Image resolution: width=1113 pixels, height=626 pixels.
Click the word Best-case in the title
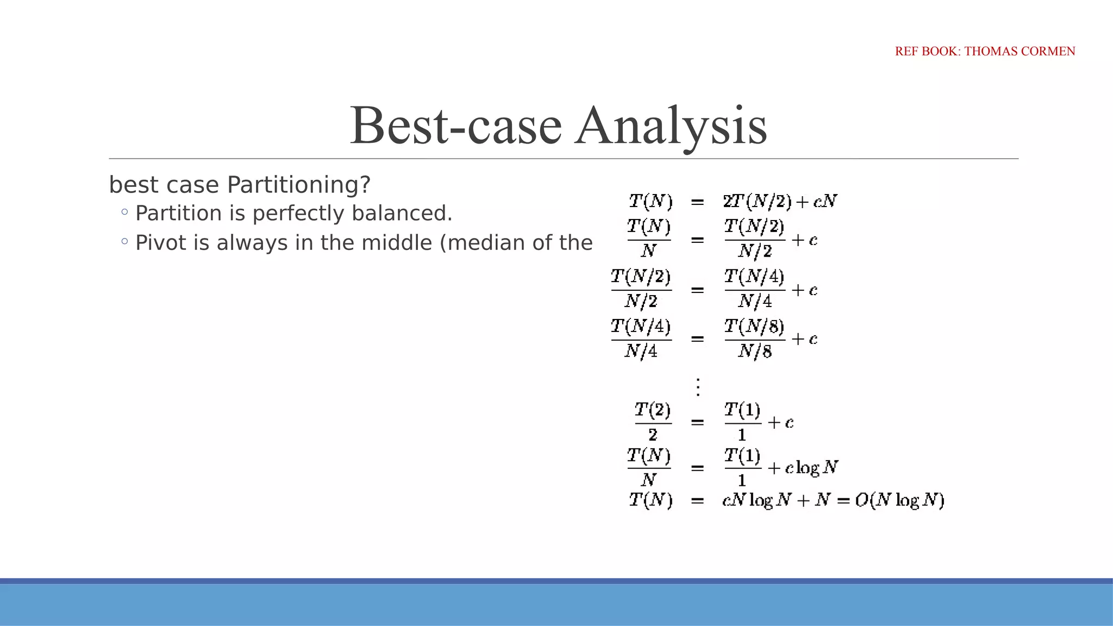[455, 126]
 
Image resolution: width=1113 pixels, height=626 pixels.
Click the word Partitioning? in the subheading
[298, 185]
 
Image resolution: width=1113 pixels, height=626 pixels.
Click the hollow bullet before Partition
[125, 212]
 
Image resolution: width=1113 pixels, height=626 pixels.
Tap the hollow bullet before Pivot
[125, 241]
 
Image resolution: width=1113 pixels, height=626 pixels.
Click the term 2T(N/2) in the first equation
[757, 202]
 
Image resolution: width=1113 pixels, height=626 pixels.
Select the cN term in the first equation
[825, 202]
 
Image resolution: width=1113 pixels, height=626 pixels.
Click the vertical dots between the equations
[698, 387]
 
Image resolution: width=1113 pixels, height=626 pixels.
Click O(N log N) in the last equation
[899, 500]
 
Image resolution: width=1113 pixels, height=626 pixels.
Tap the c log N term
[811, 468]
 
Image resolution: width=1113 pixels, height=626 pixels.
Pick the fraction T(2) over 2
[653, 422]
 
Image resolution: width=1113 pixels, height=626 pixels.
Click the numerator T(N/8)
[754, 327]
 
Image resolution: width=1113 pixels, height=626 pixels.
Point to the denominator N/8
[754, 352]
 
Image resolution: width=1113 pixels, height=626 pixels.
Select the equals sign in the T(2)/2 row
[698, 422]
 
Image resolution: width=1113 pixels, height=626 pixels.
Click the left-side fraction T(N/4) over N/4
[641, 339]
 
